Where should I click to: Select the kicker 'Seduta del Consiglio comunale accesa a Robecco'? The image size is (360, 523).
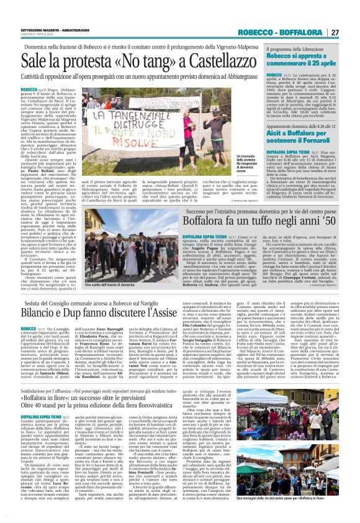[118, 301]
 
